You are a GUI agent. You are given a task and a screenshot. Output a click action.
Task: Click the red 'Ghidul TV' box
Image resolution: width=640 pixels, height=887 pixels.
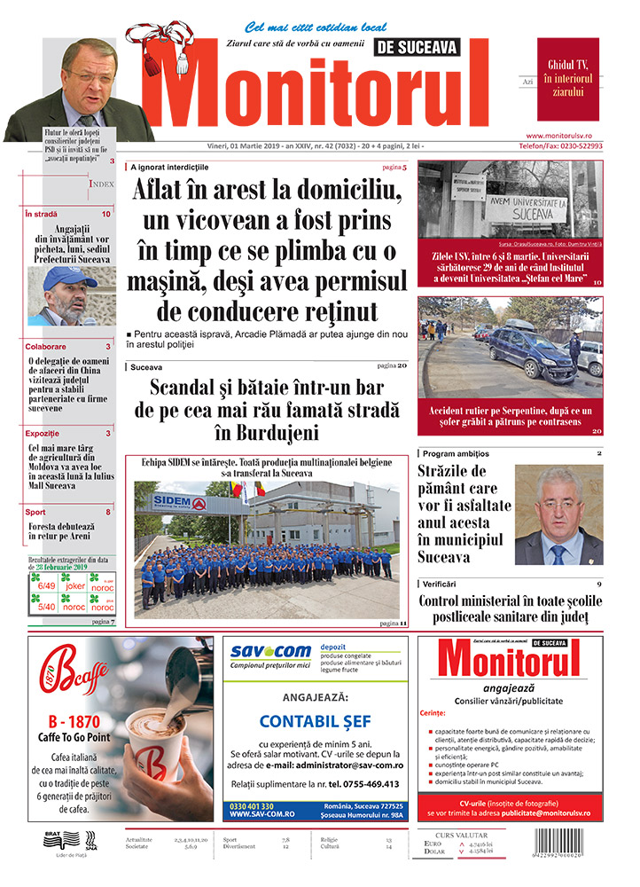pos(568,79)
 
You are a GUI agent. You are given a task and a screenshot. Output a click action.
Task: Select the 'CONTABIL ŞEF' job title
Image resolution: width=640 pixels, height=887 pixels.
pos(315,720)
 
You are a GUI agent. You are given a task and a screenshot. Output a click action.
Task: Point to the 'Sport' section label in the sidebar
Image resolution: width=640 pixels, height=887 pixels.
pos(35,513)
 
